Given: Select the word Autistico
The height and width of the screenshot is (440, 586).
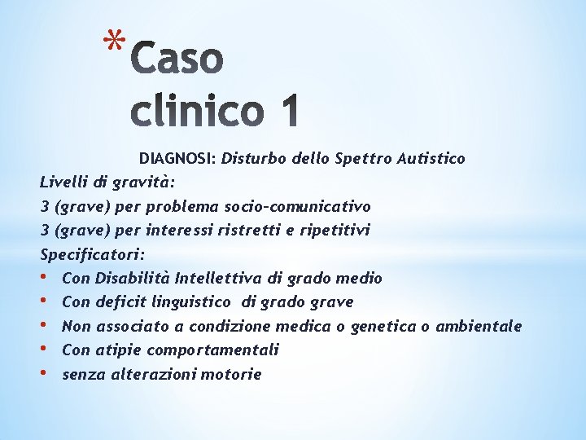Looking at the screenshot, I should click(431, 158).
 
